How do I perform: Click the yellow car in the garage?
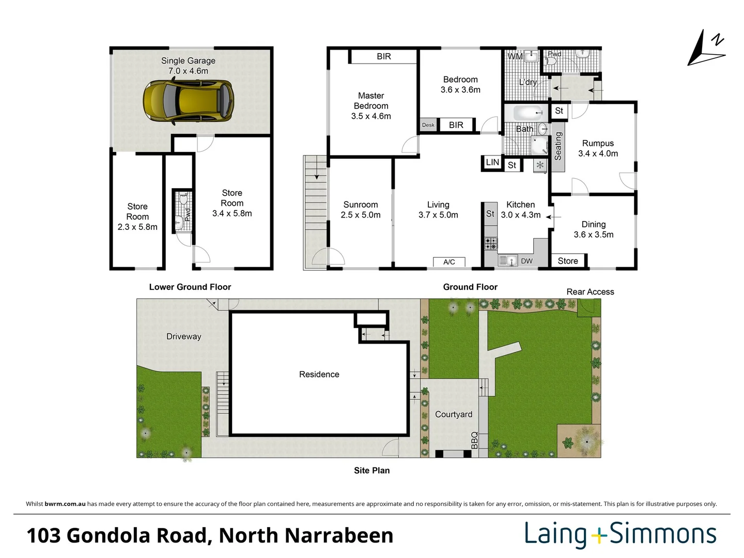[188, 101]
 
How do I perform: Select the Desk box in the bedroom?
[428, 125]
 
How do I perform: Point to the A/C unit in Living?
[449, 262]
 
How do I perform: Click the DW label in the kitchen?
[526, 261]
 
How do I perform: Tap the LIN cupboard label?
[492, 162]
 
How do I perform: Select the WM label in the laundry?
[515, 56]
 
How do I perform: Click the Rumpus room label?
[598, 143]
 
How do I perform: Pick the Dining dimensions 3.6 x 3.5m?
[594, 235]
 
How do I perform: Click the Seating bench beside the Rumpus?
[558, 146]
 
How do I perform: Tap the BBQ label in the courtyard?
[474, 440]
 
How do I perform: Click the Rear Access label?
[590, 292]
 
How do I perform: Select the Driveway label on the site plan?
[183, 336]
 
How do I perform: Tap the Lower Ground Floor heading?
[190, 287]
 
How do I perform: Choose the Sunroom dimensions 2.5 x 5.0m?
[361, 215]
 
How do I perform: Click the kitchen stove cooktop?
[491, 243]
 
